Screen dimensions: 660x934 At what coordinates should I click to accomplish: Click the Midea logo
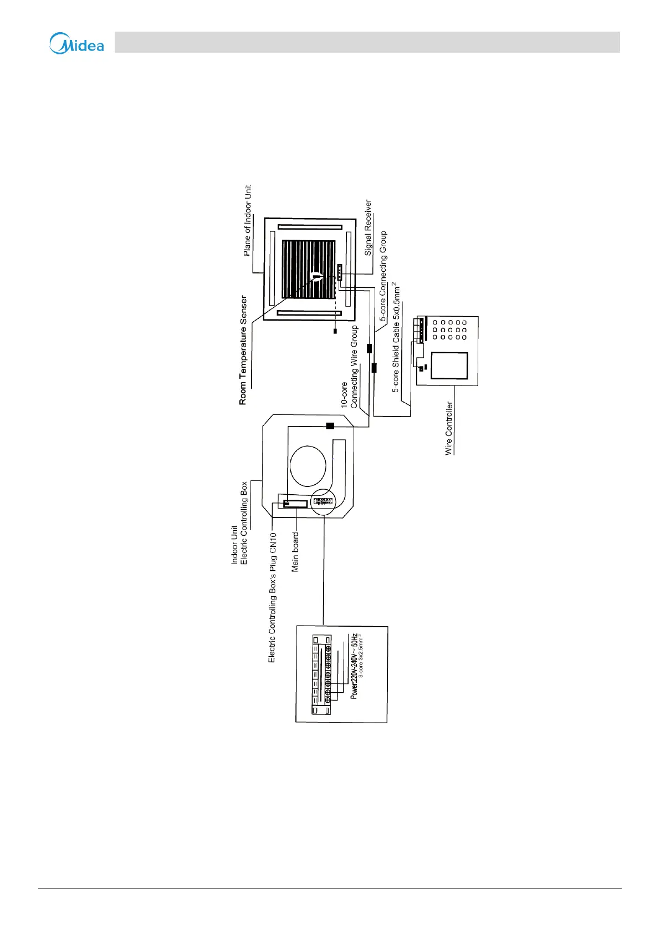click(x=76, y=44)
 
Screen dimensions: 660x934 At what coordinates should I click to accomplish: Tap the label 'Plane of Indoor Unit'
click(x=247, y=220)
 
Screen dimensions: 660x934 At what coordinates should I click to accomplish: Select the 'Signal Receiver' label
click(x=368, y=228)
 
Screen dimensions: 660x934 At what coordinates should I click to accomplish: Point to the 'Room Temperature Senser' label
click(x=243, y=350)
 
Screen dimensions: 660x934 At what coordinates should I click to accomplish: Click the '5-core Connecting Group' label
click(x=383, y=276)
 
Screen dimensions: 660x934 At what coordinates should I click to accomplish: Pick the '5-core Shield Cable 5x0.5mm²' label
click(x=396, y=338)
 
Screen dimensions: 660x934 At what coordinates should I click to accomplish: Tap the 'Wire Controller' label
click(x=449, y=428)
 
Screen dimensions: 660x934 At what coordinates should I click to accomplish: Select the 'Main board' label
click(x=295, y=552)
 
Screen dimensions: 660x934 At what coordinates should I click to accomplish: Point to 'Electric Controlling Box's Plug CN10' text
click(x=272, y=597)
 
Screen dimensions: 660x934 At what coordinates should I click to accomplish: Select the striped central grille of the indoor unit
click(x=309, y=270)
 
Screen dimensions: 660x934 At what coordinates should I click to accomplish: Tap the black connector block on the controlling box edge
click(x=330, y=426)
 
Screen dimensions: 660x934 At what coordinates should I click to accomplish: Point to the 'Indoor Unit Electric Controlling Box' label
click(x=239, y=524)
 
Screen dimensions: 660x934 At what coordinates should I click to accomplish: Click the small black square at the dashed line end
click(x=335, y=331)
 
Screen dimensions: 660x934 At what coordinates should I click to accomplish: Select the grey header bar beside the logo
click(x=367, y=42)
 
